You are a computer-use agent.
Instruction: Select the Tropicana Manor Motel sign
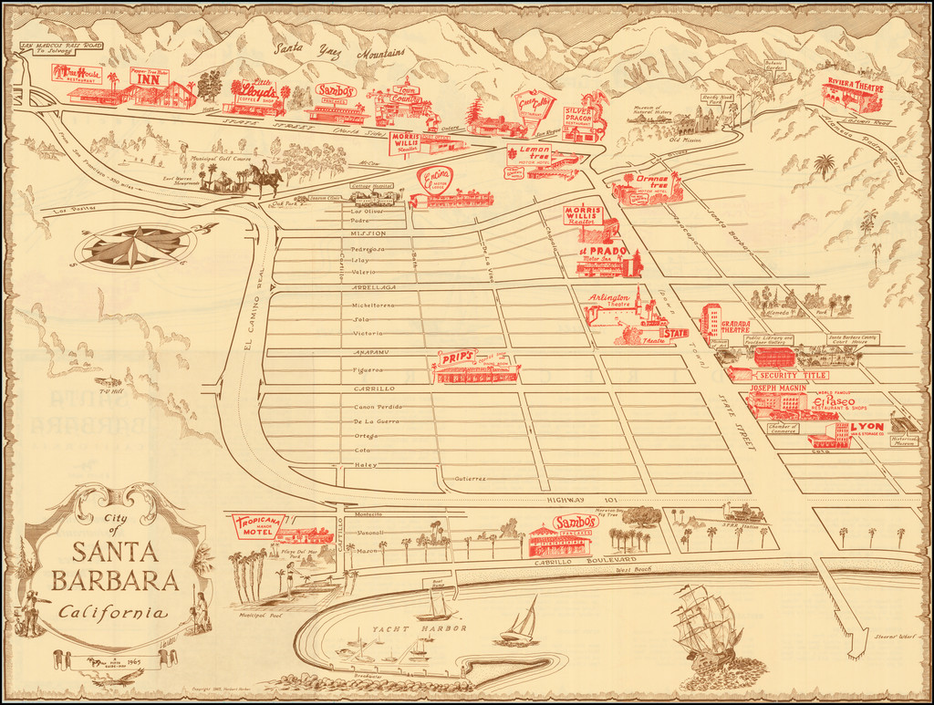pyautogui.click(x=254, y=525)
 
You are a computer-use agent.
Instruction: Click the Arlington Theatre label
pyautogui.click(x=609, y=300)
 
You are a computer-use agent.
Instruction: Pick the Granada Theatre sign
pyautogui.click(x=735, y=326)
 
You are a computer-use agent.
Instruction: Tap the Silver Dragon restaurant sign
pyautogui.click(x=579, y=114)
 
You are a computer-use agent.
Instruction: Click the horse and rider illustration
pyautogui.click(x=265, y=179)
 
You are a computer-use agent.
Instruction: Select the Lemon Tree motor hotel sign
pyautogui.click(x=529, y=151)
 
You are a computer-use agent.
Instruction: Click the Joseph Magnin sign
pyautogui.click(x=778, y=387)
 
